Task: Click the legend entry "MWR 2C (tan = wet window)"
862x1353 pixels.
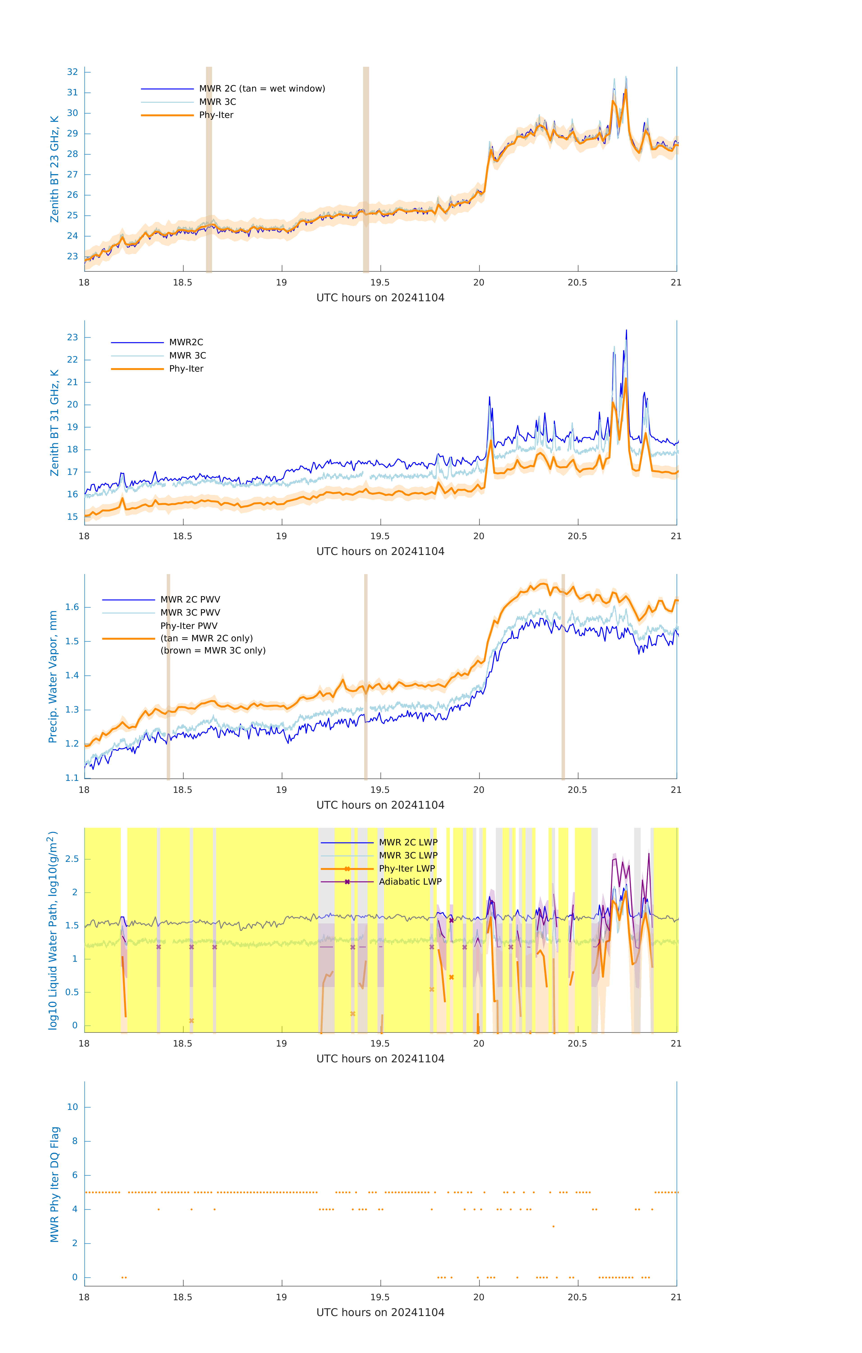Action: pyautogui.click(x=262, y=89)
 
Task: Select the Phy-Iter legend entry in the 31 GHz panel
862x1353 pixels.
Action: pyautogui.click(x=186, y=369)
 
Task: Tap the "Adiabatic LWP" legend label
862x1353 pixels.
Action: pyautogui.click(x=410, y=881)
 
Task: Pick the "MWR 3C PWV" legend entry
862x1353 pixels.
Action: pyautogui.click(x=190, y=612)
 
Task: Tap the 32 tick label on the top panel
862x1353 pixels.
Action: pyautogui.click(x=72, y=72)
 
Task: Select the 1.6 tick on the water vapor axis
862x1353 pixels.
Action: pyautogui.click(x=72, y=607)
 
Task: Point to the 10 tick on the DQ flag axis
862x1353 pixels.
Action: pyautogui.click(x=72, y=1107)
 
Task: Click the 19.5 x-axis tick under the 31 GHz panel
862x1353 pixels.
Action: pyautogui.click(x=380, y=536)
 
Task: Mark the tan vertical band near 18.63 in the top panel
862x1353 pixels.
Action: pyautogui.click(x=209, y=169)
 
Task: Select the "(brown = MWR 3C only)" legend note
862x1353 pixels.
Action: pyautogui.click(x=213, y=651)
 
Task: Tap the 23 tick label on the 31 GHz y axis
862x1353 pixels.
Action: pyautogui.click(x=72, y=337)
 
